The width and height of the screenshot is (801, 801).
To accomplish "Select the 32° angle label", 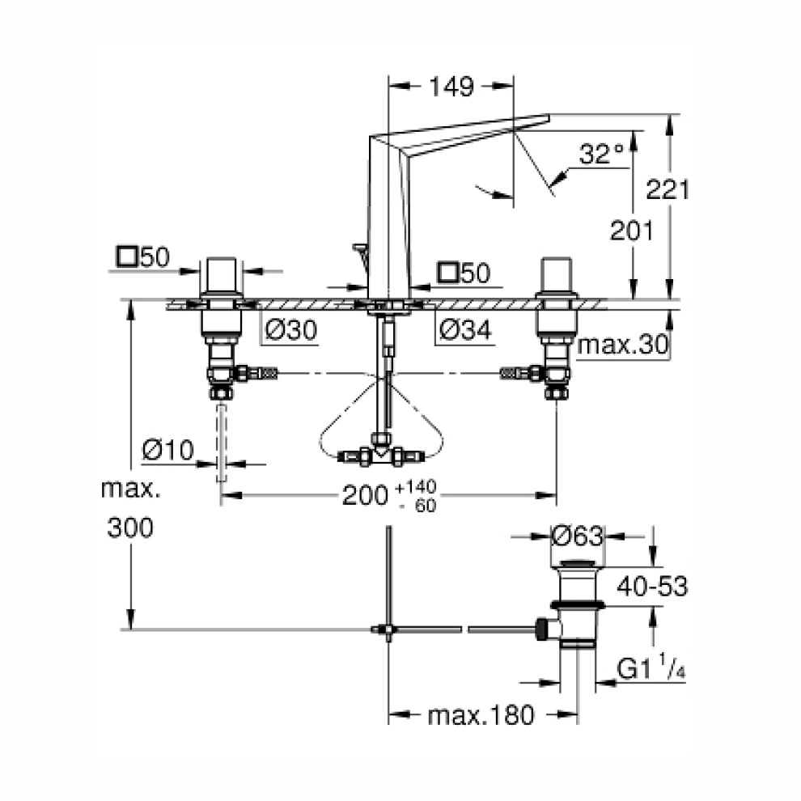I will point(602,154).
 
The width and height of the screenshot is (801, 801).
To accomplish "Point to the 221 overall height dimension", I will point(667,190).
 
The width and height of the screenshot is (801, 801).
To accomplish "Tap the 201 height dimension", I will point(631,231).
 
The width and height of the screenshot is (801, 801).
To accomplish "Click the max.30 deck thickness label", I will point(623,345).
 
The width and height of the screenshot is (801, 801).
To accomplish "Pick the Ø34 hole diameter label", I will point(464,330).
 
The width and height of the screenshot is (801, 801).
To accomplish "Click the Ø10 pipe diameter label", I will point(167,450).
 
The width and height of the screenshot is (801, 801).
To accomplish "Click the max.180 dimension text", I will point(481,715).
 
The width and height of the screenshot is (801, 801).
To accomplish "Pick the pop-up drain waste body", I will point(578,603).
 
